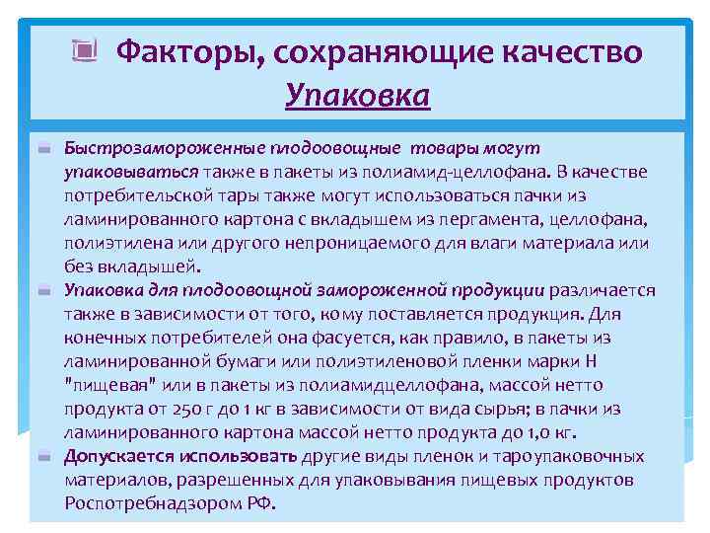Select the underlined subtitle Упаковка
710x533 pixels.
coord(357,95)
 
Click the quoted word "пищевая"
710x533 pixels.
coord(103,385)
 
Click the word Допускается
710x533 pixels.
coord(118,456)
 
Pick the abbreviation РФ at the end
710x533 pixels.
coord(263,503)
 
